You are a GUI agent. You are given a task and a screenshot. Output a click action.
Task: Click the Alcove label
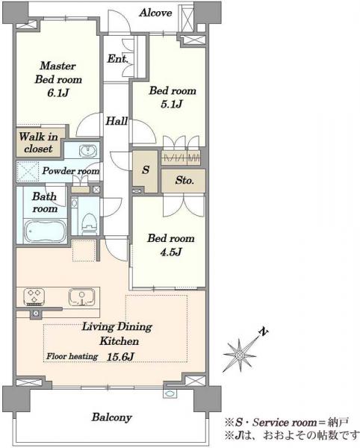click(155, 13)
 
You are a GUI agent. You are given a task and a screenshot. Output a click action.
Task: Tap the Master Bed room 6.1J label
click(58, 79)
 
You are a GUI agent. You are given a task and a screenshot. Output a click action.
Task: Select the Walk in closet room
click(39, 142)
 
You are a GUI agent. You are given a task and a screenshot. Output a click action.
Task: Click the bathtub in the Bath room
click(45, 231)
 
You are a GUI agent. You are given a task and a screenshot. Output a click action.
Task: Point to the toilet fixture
click(90, 222)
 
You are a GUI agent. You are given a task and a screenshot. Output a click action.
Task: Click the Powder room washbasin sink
click(88, 151)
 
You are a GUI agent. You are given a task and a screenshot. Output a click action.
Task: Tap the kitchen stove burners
click(34, 296)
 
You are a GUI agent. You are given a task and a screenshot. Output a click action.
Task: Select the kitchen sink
click(81, 297)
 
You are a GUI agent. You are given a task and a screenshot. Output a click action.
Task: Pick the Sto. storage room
click(183, 181)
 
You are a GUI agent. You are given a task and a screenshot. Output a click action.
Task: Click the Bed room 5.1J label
click(173, 98)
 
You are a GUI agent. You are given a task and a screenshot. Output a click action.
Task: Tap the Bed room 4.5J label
click(171, 245)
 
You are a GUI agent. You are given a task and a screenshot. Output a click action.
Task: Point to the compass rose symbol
click(240, 355)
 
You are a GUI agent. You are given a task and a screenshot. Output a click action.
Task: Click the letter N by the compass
click(264, 332)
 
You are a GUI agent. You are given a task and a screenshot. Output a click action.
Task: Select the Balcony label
click(112, 417)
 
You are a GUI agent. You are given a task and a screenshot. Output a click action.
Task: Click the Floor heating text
click(72, 356)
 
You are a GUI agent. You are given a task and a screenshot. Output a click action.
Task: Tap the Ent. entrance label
click(117, 59)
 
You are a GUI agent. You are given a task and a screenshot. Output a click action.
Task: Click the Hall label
click(117, 121)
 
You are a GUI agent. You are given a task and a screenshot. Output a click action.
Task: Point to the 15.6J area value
click(120, 357)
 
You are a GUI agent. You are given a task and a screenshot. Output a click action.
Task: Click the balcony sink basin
click(170, 393)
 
